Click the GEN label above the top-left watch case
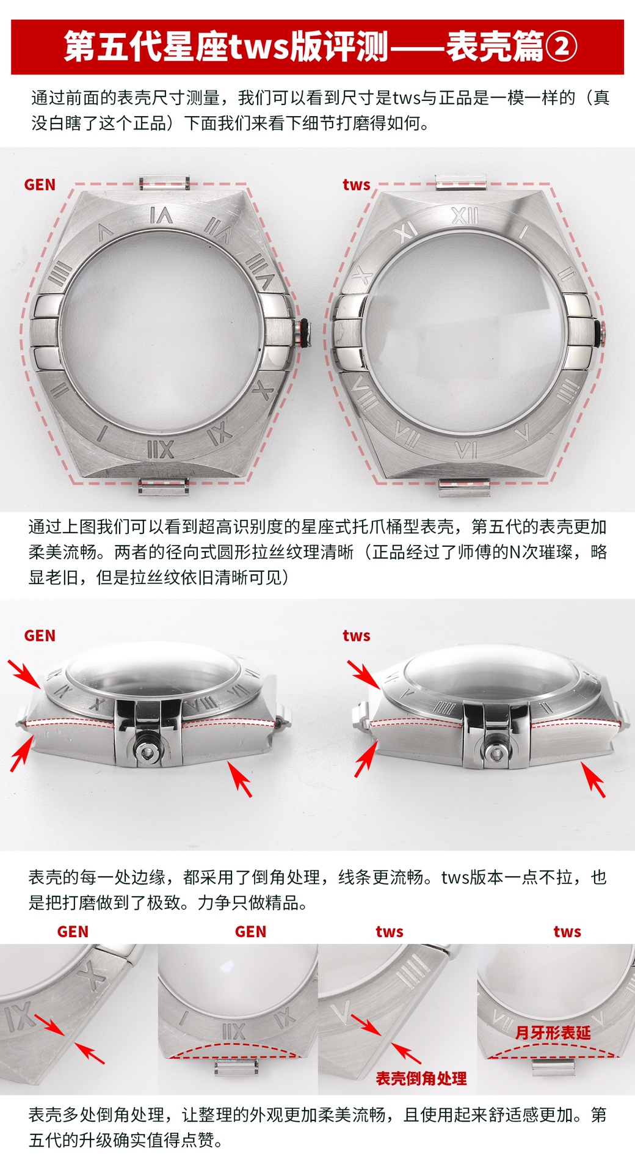[x=40, y=185]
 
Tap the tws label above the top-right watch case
[x=356, y=185]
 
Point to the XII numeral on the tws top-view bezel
[x=465, y=215]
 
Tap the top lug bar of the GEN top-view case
[x=164, y=183]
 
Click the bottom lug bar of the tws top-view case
[x=464, y=487]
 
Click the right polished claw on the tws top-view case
[x=578, y=332]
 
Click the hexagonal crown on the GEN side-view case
[x=147, y=753]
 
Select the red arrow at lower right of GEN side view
[x=239, y=779]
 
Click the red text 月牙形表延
[x=553, y=1032]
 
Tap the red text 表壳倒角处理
[x=421, y=1078]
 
